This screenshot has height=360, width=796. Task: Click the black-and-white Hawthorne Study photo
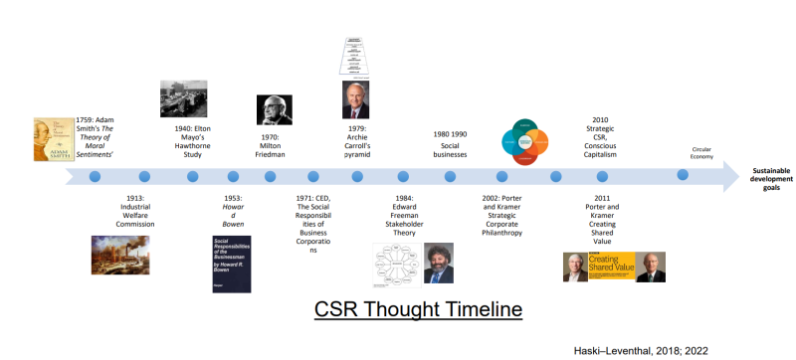point(184,98)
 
